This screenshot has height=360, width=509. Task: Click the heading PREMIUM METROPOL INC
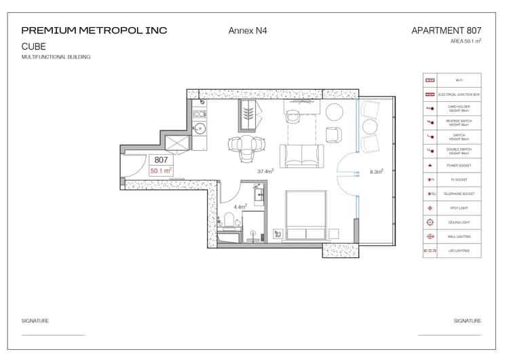[x=94, y=31]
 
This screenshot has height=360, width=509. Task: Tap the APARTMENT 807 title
[x=446, y=31]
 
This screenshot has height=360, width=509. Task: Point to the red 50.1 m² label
[x=161, y=171]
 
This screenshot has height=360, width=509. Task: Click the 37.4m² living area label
[x=265, y=172]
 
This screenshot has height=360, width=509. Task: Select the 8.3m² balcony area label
[x=375, y=172]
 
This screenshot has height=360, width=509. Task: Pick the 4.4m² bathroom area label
[x=240, y=206]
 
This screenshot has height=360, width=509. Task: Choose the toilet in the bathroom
[x=229, y=219]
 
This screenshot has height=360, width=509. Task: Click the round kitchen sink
[x=200, y=127]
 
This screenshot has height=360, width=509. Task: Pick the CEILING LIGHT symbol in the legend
[x=430, y=223]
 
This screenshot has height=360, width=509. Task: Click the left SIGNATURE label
[x=35, y=321]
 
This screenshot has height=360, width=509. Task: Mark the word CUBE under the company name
[x=34, y=46]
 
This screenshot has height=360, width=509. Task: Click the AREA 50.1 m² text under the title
[x=465, y=41]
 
